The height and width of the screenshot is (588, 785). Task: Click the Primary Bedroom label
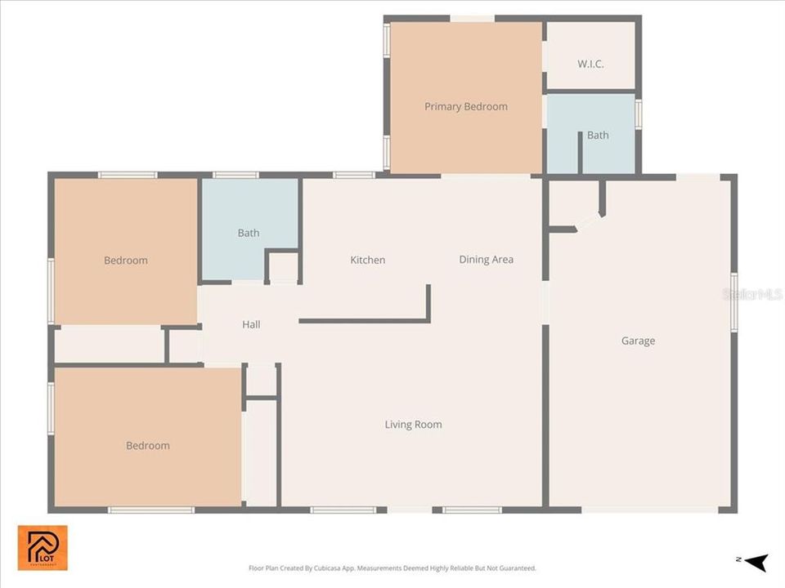pyautogui.click(x=465, y=106)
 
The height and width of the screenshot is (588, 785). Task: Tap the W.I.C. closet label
pyautogui.click(x=590, y=64)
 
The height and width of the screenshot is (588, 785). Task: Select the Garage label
pyautogui.click(x=638, y=341)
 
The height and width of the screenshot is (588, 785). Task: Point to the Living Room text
pyautogui.click(x=413, y=424)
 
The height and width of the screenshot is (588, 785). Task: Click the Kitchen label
pyautogui.click(x=367, y=260)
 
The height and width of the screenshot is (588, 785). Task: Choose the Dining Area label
pyautogui.click(x=486, y=259)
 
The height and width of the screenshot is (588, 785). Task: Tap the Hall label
pyautogui.click(x=251, y=324)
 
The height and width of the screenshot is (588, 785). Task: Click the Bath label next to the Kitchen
pyautogui.click(x=249, y=233)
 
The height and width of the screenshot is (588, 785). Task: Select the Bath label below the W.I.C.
pyautogui.click(x=598, y=135)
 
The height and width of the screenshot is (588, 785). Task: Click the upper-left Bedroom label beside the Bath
pyautogui.click(x=126, y=261)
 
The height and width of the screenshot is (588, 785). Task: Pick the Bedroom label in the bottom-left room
pyautogui.click(x=147, y=445)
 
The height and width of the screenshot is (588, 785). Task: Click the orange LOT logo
pyautogui.click(x=43, y=547)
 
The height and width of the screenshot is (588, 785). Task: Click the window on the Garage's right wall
pyautogui.click(x=733, y=302)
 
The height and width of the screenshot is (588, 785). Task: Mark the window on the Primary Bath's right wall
pyautogui.click(x=638, y=114)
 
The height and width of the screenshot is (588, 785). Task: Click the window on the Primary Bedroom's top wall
pyautogui.click(x=472, y=18)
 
